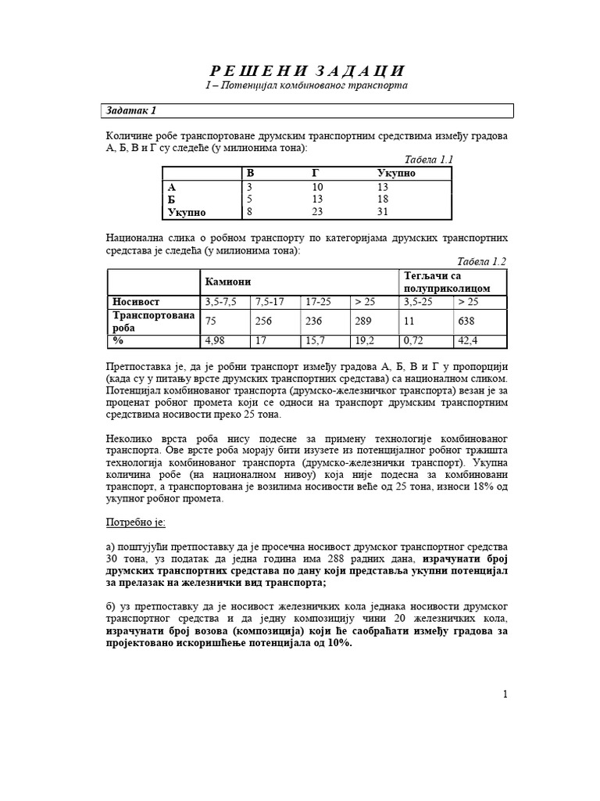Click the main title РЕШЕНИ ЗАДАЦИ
[300, 70]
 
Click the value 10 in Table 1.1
[317, 187]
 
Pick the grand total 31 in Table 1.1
[382, 212]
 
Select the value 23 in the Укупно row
[317, 212]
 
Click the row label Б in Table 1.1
[172, 199]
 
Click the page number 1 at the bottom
[505, 694]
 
